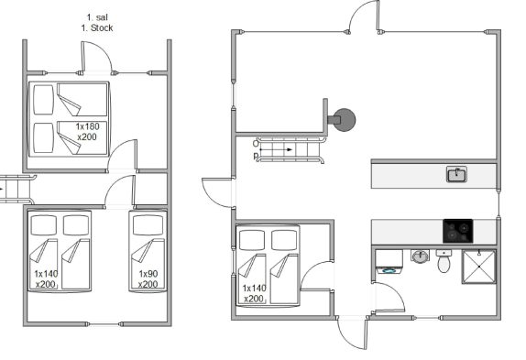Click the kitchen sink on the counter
click(456, 174)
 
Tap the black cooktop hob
click(458, 231)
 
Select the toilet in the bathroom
click(444, 261)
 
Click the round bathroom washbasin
click(420, 256)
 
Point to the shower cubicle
click(478, 267)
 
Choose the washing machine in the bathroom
click(389, 262)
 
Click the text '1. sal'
click(97, 17)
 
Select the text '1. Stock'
click(97, 27)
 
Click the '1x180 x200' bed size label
click(87, 132)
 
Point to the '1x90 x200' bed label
click(148, 278)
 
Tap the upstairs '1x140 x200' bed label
click(46, 278)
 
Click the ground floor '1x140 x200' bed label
click(254, 293)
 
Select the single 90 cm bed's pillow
click(148, 224)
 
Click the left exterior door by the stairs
click(209, 198)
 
